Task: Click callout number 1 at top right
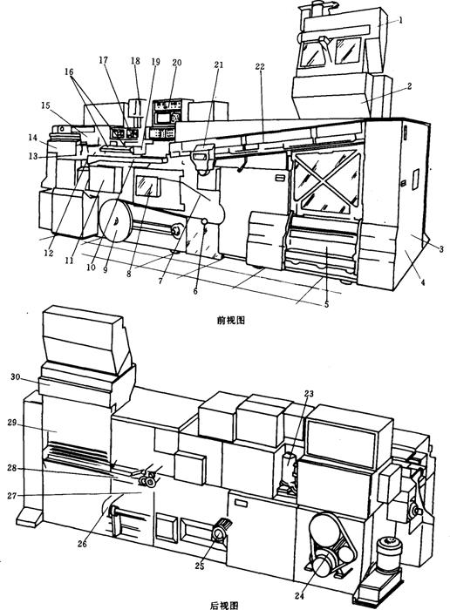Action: pos(400,19)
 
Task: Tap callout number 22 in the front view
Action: pos(260,66)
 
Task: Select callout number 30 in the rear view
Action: pos(16,376)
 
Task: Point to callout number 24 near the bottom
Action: pos(299,595)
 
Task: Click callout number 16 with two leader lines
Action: pos(69,72)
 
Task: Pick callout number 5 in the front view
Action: pos(326,304)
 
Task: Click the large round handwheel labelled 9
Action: pos(116,220)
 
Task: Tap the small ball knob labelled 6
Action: pos(205,221)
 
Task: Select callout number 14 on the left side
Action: pos(32,138)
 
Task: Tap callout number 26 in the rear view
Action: pos(82,544)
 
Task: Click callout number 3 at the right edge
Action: pos(440,249)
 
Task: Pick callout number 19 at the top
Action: pos(155,62)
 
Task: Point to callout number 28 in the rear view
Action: pos(12,468)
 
